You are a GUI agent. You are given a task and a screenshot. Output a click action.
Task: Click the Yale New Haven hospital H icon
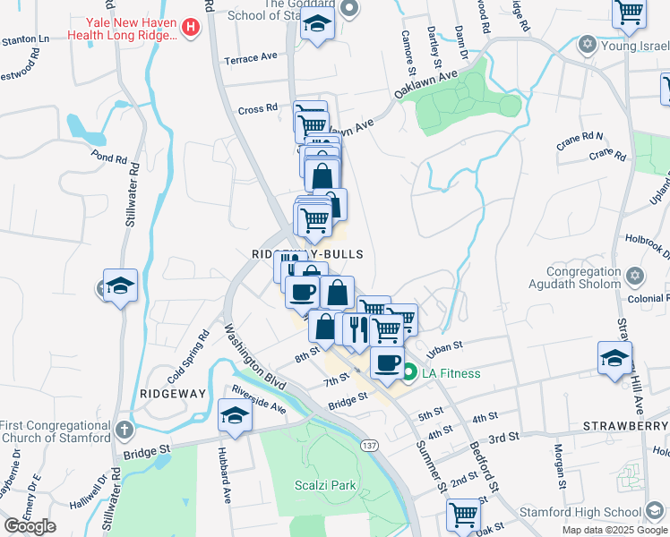click(x=190, y=28)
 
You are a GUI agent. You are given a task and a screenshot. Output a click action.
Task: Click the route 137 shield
click(x=367, y=445)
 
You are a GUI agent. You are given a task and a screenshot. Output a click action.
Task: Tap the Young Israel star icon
click(x=588, y=44)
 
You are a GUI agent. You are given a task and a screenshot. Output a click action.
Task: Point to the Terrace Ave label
click(x=252, y=58)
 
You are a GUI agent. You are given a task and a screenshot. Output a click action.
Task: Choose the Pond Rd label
click(x=108, y=158)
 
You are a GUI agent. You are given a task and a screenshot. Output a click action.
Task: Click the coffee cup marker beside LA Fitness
click(x=387, y=362)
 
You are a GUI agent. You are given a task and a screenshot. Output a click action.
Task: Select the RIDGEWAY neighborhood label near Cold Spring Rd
click(x=174, y=394)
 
